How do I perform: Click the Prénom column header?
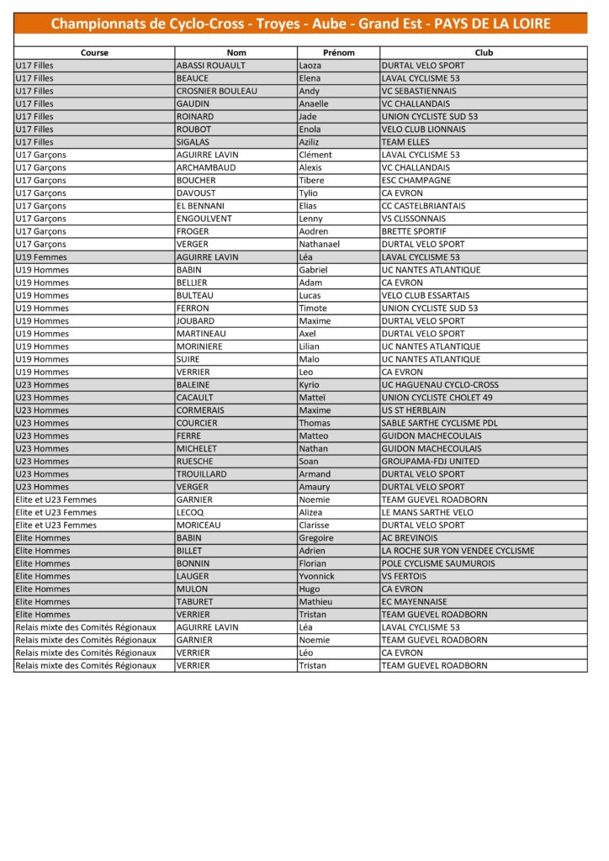(338, 52)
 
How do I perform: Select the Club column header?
(484, 52)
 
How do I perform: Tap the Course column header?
(94, 52)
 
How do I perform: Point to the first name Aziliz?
(310, 142)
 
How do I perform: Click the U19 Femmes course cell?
(41, 257)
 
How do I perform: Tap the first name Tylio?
(309, 193)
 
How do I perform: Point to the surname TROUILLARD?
(202, 474)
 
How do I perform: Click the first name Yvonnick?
(316, 576)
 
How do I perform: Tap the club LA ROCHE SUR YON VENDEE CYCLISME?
(458, 551)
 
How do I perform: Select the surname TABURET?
(196, 602)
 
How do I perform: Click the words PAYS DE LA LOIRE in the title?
(492, 24)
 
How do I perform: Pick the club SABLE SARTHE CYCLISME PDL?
(439, 423)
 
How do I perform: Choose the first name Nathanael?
(320, 244)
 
